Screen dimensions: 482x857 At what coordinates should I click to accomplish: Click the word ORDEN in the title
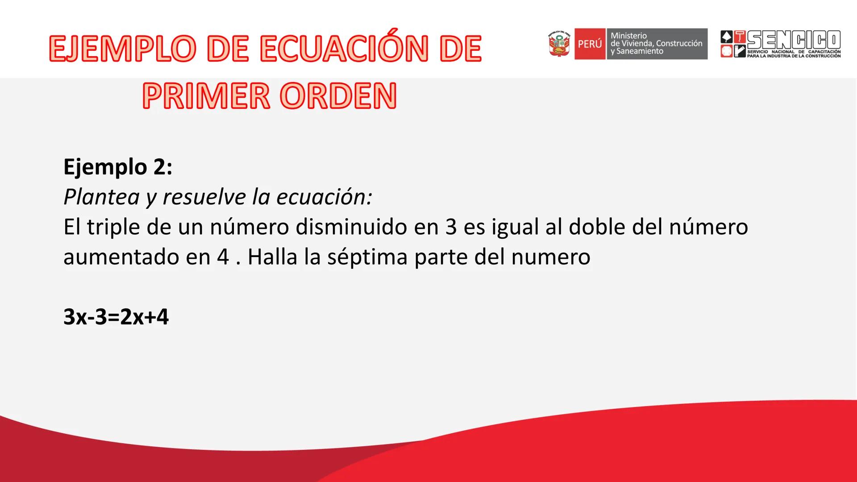(341, 96)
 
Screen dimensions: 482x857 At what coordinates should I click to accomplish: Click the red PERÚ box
(590, 44)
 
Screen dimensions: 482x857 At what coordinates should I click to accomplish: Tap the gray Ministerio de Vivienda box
(656, 44)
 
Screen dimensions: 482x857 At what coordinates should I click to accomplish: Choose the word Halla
(272, 257)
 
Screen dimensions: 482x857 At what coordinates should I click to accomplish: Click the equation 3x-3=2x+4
(116, 317)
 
